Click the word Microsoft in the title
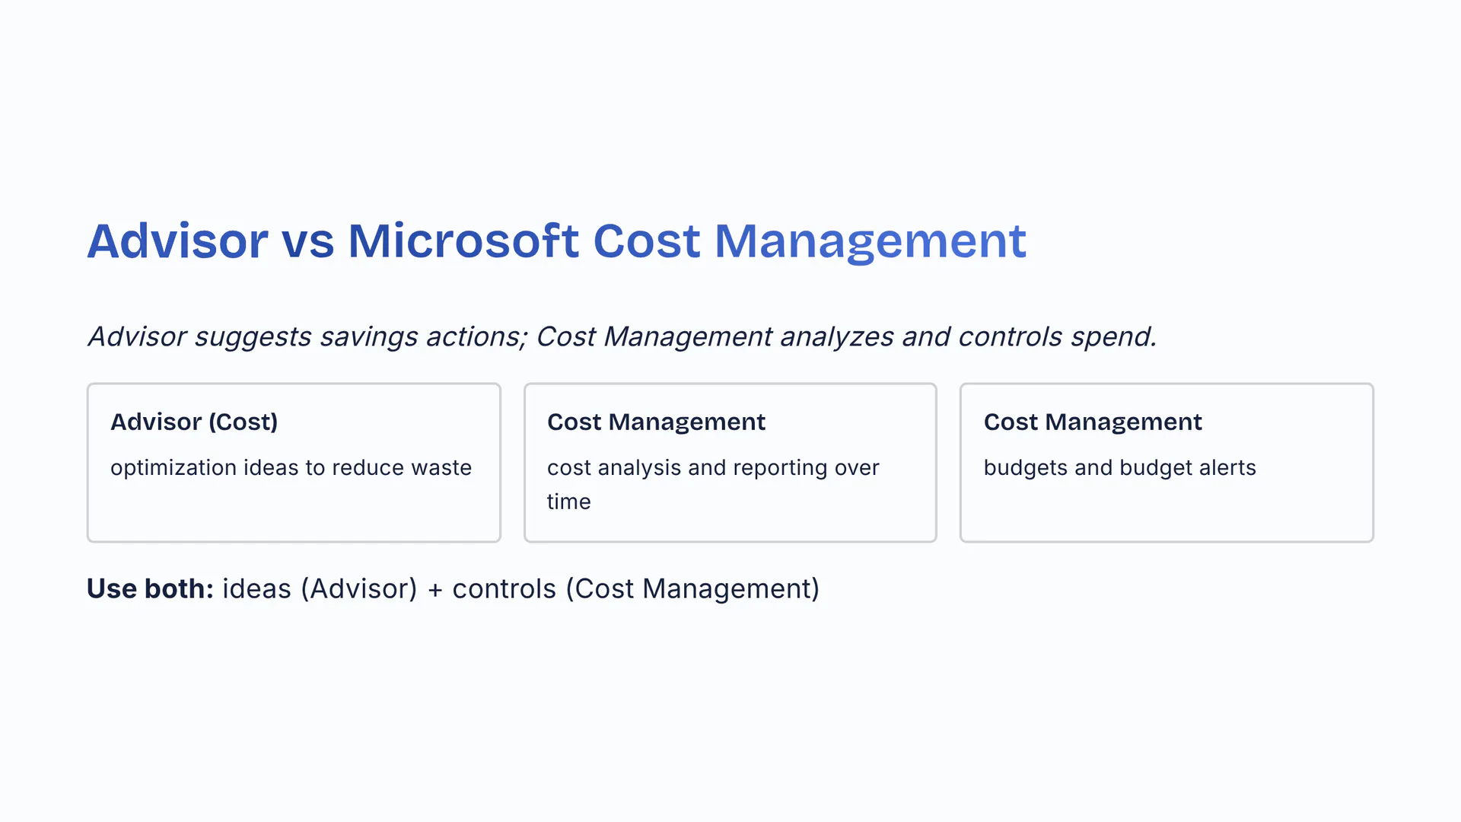click(463, 241)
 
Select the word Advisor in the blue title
click(177, 241)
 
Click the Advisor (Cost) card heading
click(194, 422)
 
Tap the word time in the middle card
click(568, 502)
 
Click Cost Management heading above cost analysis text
click(656, 422)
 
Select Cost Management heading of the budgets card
click(1093, 422)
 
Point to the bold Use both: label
click(150, 588)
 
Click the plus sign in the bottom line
click(435, 590)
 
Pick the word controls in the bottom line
click(504, 588)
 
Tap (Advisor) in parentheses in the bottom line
click(359, 589)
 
